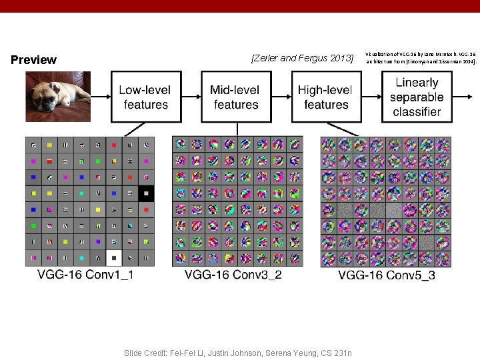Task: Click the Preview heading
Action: pos(34,60)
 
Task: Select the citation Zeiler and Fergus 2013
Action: pos(302,59)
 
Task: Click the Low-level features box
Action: pos(146,97)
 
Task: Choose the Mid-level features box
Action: pos(236,97)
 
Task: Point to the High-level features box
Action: pos(326,97)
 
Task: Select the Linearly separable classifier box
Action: pos(416,97)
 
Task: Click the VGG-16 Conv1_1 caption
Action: pos(85,274)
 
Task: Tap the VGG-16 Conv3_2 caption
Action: pos(233,274)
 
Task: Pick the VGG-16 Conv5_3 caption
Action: pos(387,275)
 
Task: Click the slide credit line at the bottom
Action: pos(238,353)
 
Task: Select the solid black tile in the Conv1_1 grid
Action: pos(146,193)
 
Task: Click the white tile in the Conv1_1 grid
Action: pos(114,258)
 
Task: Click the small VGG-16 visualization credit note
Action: pos(421,57)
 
